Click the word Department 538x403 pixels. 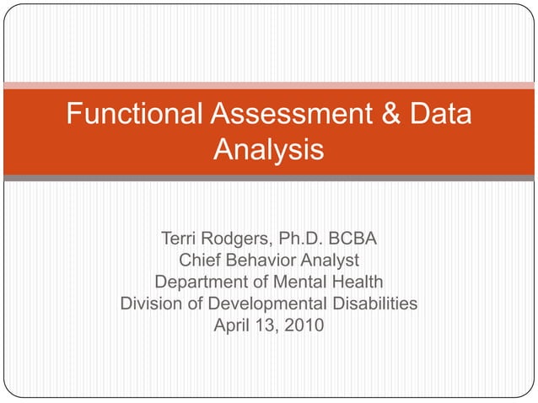pyautogui.click(x=202, y=282)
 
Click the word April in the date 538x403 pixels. pyautogui.click(x=231, y=324)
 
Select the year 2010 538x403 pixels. pyautogui.click(x=302, y=324)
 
